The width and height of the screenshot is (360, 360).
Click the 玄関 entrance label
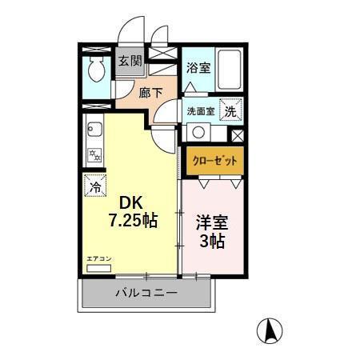tap(130, 61)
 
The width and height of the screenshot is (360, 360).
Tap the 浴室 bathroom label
tap(198, 68)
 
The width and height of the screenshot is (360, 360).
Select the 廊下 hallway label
tap(150, 93)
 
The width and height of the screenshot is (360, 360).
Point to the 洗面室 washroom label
tap(200, 111)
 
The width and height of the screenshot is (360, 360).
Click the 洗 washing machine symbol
tap(230, 111)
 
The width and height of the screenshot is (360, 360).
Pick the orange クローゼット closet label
tap(213, 161)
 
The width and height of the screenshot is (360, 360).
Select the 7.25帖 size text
tap(133, 220)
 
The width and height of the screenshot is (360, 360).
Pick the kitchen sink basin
tap(92, 128)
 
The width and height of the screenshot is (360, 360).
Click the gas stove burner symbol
tap(94, 154)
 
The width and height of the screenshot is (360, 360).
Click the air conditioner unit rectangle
tap(99, 268)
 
